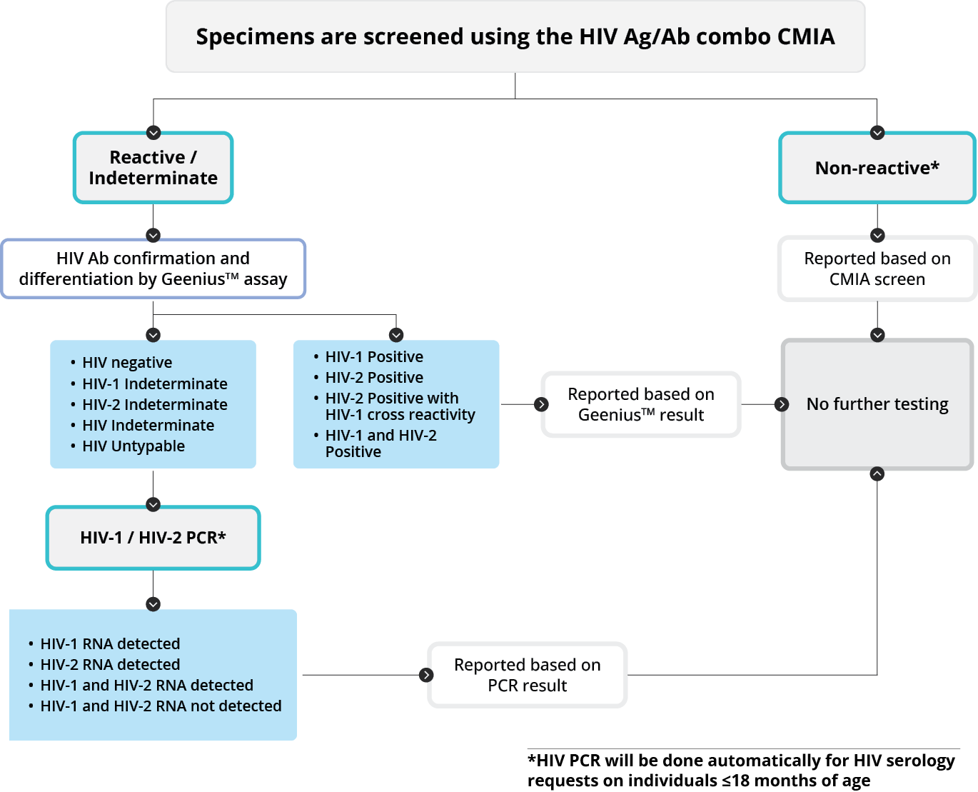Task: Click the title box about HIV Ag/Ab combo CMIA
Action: (x=515, y=36)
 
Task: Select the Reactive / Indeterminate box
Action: (x=153, y=168)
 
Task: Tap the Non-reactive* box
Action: (x=877, y=168)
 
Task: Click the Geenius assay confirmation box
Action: (x=153, y=269)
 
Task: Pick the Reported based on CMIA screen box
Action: (x=877, y=269)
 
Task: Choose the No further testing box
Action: (x=877, y=404)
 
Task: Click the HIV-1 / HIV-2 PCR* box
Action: (x=153, y=538)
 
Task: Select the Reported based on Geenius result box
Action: (x=640, y=404)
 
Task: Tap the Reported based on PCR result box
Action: (x=527, y=675)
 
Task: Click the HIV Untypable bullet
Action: (x=133, y=446)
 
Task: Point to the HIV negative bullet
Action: (x=127, y=363)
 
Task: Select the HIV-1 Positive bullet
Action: (x=374, y=357)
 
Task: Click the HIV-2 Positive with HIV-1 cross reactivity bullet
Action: (x=400, y=406)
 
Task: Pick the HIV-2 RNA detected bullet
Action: (x=110, y=665)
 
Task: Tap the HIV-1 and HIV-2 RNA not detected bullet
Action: (x=161, y=706)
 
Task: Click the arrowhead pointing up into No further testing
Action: (x=877, y=474)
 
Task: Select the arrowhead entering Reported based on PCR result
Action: (x=426, y=675)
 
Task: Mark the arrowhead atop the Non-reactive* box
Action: (x=877, y=133)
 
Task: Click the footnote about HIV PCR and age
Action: (x=741, y=770)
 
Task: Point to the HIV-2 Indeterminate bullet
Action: (x=155, y=405)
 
